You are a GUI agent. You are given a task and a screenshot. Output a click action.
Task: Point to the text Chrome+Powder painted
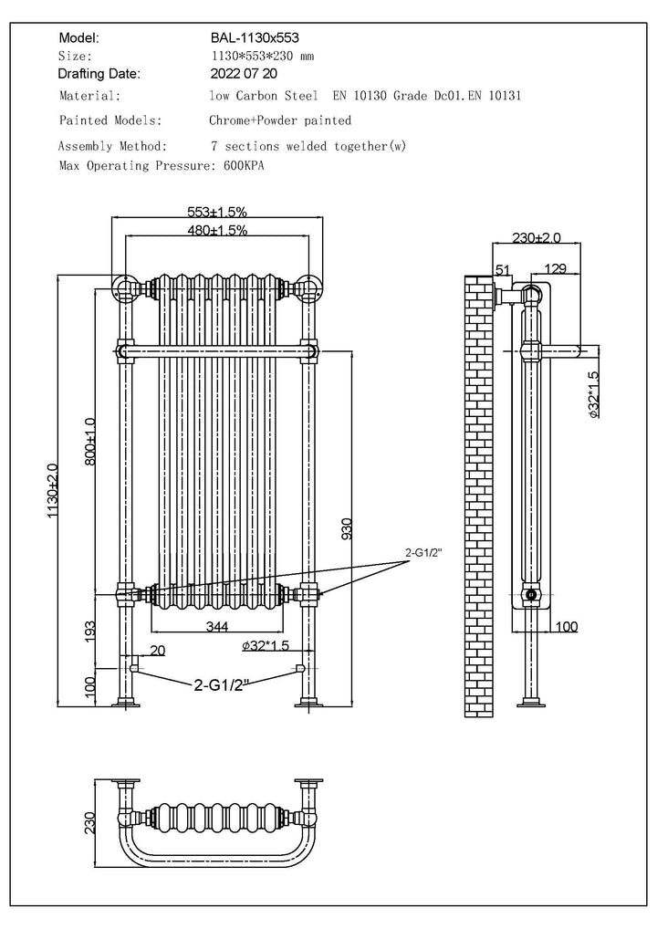[280, 120]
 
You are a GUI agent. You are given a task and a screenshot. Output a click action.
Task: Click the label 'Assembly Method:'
[112, 146]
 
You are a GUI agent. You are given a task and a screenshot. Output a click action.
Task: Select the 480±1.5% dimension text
[216, 230]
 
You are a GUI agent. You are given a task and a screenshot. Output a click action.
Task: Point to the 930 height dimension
[348, 529]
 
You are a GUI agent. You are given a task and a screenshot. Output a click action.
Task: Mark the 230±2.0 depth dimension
[536, 237]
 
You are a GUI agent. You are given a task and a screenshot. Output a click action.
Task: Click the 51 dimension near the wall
[502, 268]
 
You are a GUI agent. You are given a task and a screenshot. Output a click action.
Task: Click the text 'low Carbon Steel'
[264, 95]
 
